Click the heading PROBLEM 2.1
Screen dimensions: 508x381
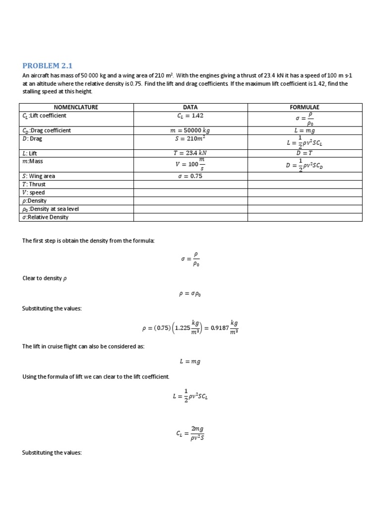pyautogui.click(x=51, y=66)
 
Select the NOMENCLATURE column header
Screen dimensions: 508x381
pyautogui.click(x=76, y=107)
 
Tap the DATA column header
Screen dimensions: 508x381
pyautogui.click(x=190, y=107)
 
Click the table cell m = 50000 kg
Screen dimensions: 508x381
pyautogui.click(x=190, y=130)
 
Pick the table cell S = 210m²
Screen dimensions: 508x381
pyautogui.click(x=190, y=139)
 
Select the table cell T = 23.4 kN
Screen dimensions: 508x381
pyautogui.click(x=190, y=154)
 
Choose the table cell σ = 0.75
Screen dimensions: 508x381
pyautogui.click(x=190, y=176)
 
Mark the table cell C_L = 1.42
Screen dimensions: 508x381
pyautogui.click(x=190, y=116)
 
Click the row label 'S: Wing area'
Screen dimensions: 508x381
pyautogui.click(x=39, y=176)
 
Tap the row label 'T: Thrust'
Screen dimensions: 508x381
pyautogui.click(x=35, y=184)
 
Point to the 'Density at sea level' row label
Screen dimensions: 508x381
pyautogui.click(x=51, y=209)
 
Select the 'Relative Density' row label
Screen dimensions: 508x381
pyautogui.click(x=46, y=217)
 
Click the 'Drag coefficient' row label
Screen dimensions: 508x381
pyautogui.click(x=47, y=130)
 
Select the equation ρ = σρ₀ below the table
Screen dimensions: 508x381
pyautogui.click(x=190, y=293)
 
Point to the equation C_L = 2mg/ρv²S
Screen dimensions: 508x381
pyautogui.click(x=190, y=434)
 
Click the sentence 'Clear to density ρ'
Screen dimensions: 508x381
pyautogui.click(x=44, y=278)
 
